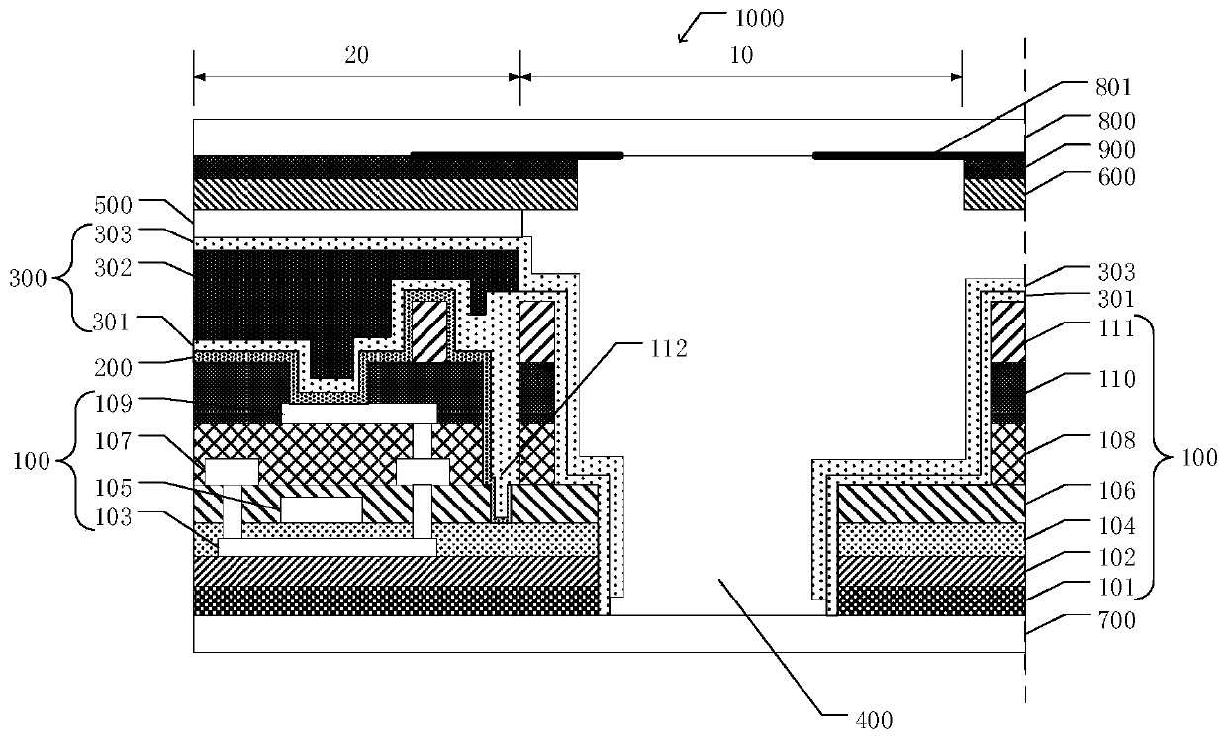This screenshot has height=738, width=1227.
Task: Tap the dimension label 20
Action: pos(356,55)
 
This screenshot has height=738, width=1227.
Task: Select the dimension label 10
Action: pos(740,55)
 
